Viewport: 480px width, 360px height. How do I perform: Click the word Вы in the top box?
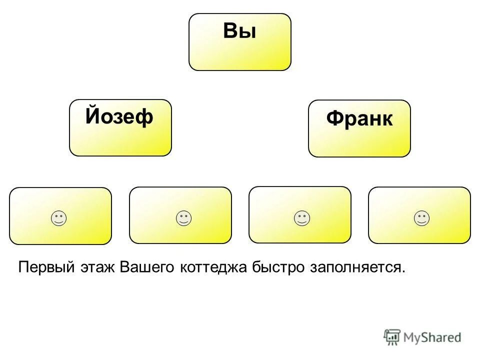click(x=239, y=31)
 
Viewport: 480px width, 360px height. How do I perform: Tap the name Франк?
click(x=359, y=119)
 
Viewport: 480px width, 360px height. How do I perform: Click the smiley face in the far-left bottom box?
click(x=58, y=218)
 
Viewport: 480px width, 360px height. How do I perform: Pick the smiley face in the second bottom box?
click(x=183, y=218)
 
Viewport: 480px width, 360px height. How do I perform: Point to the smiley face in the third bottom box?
click(x=301, y=218)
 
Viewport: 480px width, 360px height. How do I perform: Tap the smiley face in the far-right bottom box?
click(x=421, y=218)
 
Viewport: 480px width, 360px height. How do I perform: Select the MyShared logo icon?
click(x=392, y=337)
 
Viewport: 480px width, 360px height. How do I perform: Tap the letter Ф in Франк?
click(x=334, y=119)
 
